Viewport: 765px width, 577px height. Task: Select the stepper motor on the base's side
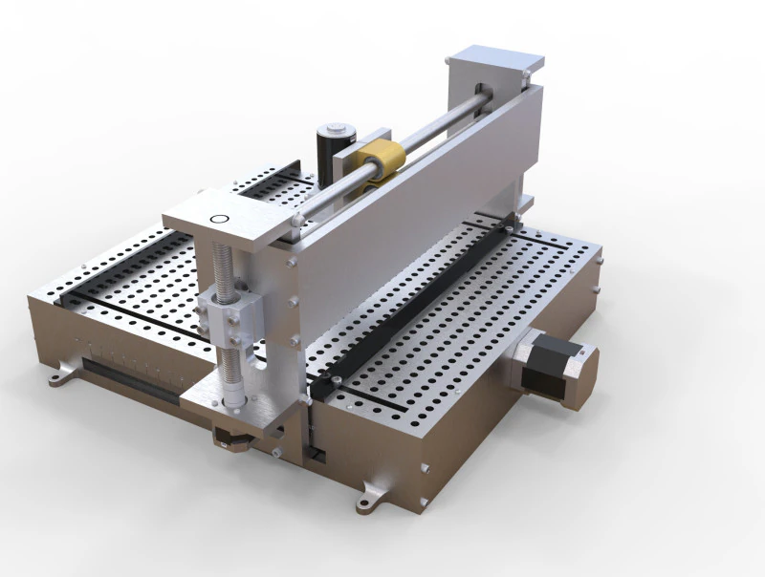(x=555, y=368)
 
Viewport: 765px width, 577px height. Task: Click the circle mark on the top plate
(x=219, y=219)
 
